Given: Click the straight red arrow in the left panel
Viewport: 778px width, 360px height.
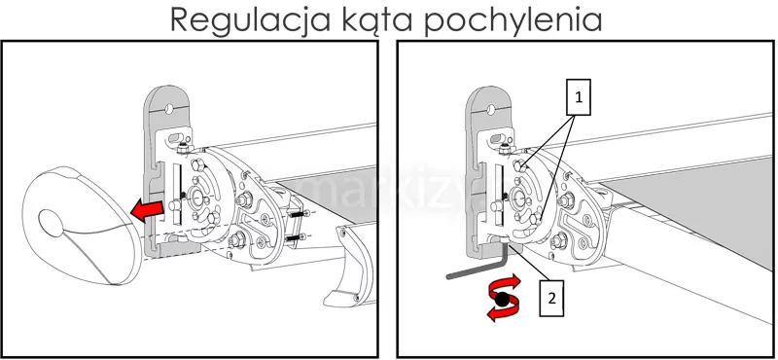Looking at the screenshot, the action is [148, 211].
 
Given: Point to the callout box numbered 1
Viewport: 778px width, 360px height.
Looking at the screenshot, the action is [578, 97].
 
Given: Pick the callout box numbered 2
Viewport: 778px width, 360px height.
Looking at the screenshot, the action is [551, 299].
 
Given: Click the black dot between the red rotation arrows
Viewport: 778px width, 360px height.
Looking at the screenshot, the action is [503, 299].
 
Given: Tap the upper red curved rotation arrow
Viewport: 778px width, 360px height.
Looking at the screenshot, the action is [505, 286].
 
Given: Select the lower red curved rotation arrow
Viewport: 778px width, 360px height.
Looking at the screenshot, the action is [500, 311].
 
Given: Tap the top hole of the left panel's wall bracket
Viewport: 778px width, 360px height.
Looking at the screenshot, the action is [168, 108].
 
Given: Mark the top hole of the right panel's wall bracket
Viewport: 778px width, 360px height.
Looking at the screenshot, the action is [491, 109].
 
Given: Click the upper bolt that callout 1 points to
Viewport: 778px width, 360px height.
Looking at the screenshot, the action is [519, 166].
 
